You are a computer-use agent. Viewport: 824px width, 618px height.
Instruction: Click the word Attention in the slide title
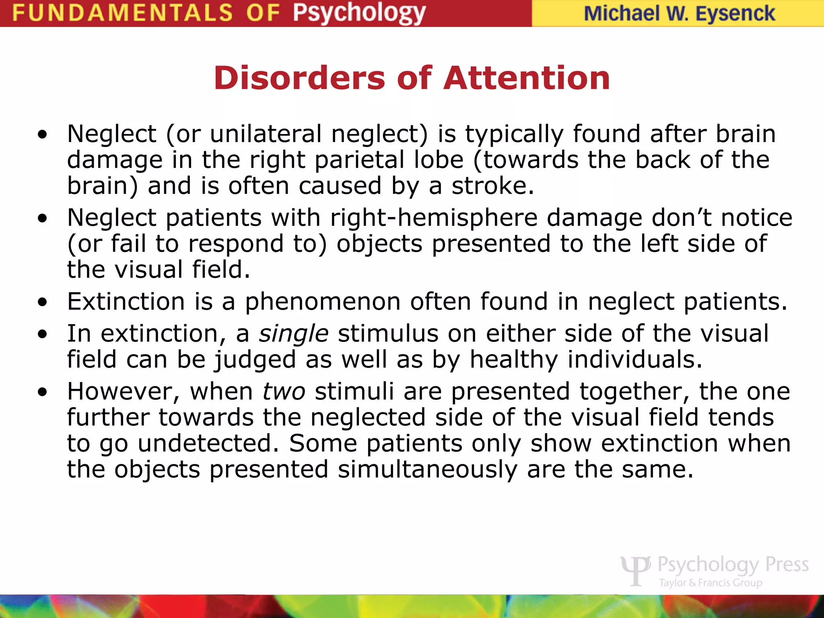[527, 78]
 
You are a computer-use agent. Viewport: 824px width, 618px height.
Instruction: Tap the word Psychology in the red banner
[359, 13]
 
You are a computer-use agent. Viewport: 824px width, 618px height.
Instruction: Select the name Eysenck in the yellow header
[735, 14]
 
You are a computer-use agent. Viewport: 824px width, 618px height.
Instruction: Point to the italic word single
[294, 334]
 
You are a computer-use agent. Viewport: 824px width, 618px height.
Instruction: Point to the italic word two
[284, 391]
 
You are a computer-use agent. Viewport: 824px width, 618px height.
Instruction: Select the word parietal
[360, 160]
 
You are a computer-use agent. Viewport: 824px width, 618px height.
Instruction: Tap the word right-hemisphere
[434, 218]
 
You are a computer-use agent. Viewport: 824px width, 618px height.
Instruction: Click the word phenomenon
[323, 302]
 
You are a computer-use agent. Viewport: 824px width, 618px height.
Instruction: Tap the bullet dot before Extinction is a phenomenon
[43, 303]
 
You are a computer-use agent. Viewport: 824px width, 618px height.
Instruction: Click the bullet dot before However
[43, 392]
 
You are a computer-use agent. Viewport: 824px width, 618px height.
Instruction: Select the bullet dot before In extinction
[43, 335]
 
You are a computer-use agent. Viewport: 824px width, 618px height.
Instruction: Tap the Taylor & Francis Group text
[710, 583]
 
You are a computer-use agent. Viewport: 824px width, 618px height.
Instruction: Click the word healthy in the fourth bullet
[514, 360]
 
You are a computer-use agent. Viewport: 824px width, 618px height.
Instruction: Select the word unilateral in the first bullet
[266, 134]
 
